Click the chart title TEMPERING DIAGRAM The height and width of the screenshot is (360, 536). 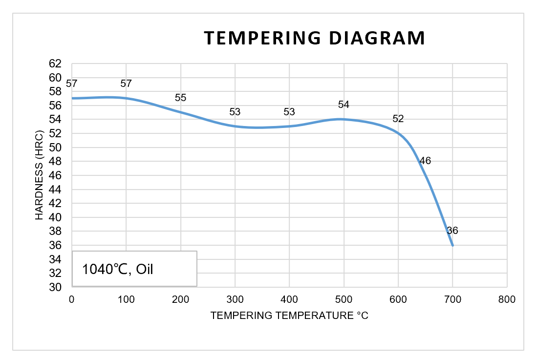tap(314, 38)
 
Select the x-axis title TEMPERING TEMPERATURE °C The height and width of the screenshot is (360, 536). tap(289, 316)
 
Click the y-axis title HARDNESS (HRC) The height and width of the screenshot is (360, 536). tap(40, 175)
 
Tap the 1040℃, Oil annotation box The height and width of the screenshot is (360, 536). tap(134, 268)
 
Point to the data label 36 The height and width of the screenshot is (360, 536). tap(452, 231)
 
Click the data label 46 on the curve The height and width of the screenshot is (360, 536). tap(425, 160)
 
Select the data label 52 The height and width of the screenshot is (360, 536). tap(398, 119)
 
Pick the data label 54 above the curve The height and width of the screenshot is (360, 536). tap(343, 105)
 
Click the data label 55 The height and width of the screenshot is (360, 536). tap(180, 98)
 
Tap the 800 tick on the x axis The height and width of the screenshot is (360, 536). tap(507, 299)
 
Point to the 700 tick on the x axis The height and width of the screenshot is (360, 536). tap(452, 299)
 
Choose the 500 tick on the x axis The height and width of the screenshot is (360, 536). tap(343, 299)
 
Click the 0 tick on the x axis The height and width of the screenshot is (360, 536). tap(72, 299)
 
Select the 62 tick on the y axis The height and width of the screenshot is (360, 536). tap(56, 64)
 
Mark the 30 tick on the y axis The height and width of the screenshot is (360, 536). tap(56, 287)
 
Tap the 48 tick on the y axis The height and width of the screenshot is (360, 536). tap(56, 161)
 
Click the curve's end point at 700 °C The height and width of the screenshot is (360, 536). tap(452, 245)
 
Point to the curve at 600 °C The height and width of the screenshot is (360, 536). tap(398, 133)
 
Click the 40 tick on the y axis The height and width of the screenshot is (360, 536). tap(56, 217)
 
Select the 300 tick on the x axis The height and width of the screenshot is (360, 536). tap(235, 299)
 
